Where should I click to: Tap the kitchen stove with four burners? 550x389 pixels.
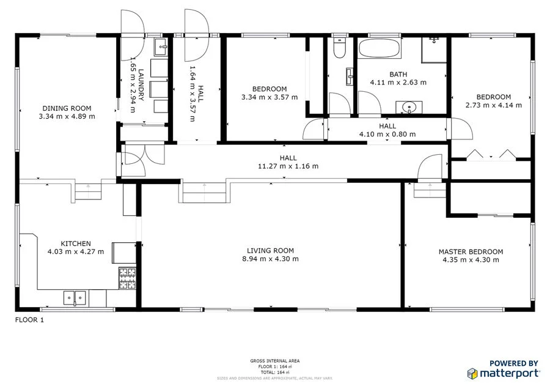[x=127, y=279]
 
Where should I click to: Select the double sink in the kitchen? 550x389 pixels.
[x=75, y=298]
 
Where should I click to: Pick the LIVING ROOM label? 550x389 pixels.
[x=270, y=250]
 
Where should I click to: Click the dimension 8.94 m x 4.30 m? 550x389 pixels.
[x=270, y=259]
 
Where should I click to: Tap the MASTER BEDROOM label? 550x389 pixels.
[x=471, y=251]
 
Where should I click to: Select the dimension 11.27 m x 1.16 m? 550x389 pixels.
[x=288, y=166]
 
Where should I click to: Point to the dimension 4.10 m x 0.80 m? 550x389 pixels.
[x=387, y=135]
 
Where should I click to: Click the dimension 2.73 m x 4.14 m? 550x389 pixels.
[x=493, y=105]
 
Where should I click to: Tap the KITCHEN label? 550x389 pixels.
[x=75, y=243]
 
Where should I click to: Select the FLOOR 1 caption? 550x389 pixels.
[x=29, y=319]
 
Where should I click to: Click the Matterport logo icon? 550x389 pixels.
[x=472, y=372]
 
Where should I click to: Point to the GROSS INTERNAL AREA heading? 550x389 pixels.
[x=274, y=361]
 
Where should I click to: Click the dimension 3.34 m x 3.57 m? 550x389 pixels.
[x=269, y=97]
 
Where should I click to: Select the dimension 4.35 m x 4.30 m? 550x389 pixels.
[x=471, y=260]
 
